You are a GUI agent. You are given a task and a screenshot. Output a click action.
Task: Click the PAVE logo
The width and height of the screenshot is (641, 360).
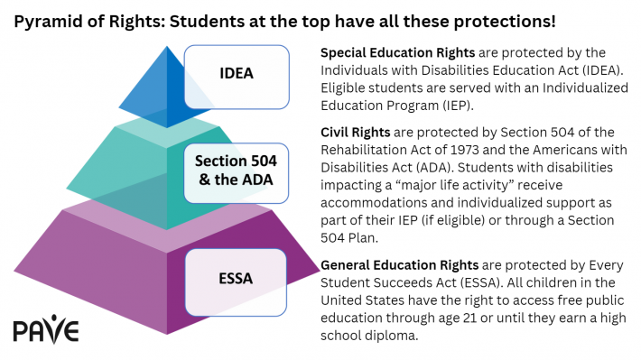pos(45,330)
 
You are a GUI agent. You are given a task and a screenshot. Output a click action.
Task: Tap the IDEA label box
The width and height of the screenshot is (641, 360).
pos(236,73)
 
